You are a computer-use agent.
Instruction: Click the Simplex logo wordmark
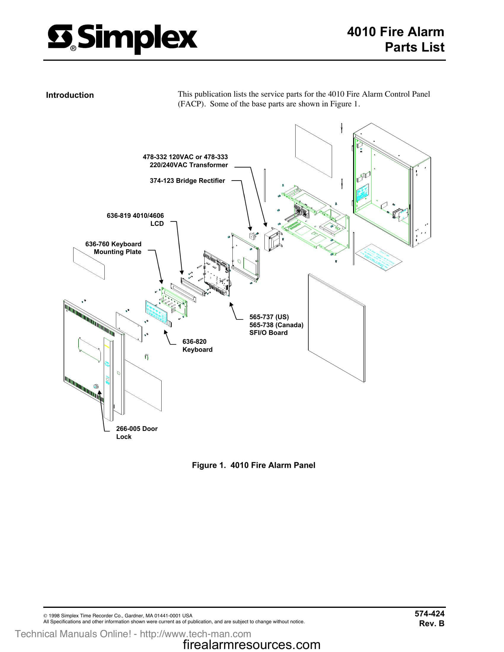tap(122, 39)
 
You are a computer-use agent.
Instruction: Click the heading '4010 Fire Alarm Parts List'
tap(395, 39)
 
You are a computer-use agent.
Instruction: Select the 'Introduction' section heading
tap(70, 95)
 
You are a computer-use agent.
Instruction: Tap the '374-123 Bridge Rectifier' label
tap(187, 180)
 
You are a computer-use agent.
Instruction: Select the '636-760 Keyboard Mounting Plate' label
tap(114, 248)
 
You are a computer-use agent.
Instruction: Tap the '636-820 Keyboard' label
tap(197, 345)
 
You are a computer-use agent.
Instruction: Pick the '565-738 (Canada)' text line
tap(276, 325)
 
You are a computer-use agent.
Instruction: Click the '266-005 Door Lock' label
tap(137, 433)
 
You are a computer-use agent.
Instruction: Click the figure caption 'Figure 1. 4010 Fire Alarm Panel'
tap(253, 465)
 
